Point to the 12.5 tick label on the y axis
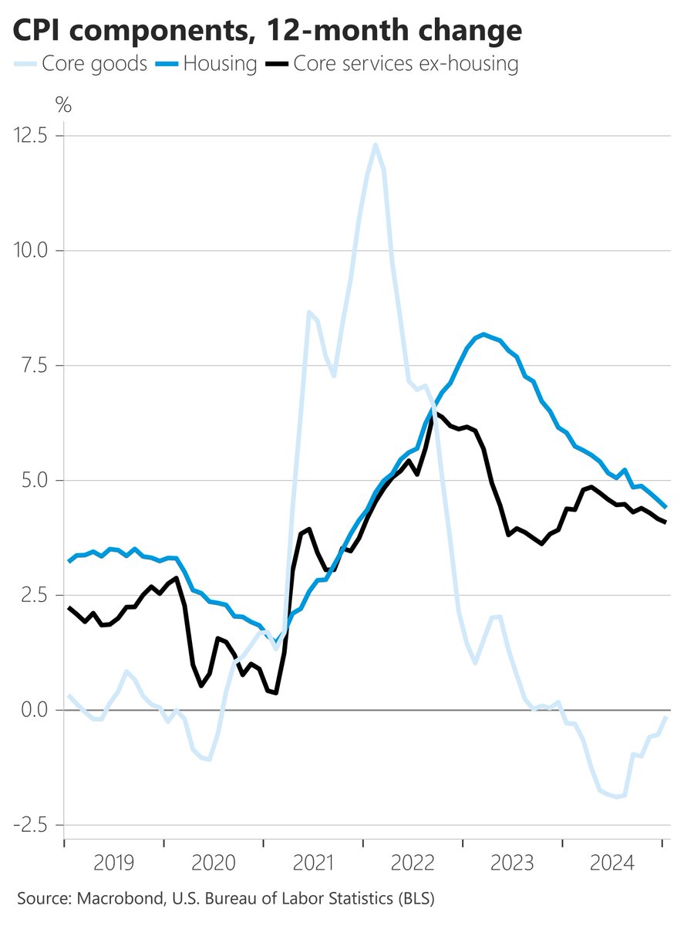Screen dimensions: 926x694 [30, 136]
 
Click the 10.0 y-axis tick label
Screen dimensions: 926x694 [30, 251]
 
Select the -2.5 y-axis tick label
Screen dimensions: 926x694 [30, 825]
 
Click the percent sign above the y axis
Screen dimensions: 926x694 [64, 106]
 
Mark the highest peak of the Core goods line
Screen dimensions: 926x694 [375, 144]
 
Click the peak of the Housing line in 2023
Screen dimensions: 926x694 [483, 334]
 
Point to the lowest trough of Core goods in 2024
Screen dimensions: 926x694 [616, 797]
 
